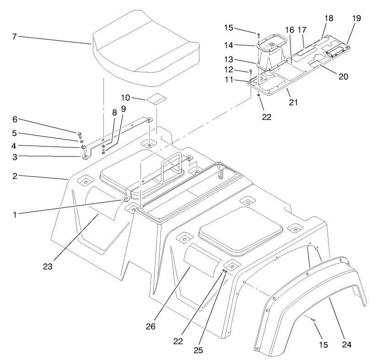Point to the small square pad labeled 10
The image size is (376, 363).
tap(156, 99)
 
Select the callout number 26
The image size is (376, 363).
tap(150, 326)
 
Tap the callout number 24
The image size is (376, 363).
tap(347, 343)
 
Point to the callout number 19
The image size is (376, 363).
tap(356, 18)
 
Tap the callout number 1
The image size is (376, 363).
tap(15, 214)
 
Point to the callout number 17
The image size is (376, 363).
tap(302, 30)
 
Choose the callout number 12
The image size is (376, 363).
tap(241, 70)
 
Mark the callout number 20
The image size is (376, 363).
tap(344, 76)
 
